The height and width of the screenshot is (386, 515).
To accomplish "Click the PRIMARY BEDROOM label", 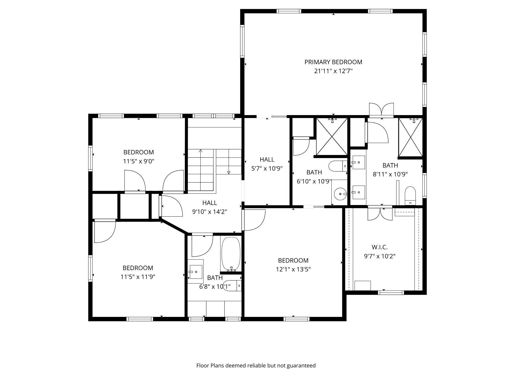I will [x=333, y=62].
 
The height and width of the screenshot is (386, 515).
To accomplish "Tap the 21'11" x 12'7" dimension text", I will [x=333, y=71].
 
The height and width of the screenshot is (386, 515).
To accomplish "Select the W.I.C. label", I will [x=379, y=247].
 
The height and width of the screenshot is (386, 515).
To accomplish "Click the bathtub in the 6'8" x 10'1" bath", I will [x=231, y=254].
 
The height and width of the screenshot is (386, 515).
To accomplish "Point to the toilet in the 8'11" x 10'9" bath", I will [x=410, y=196].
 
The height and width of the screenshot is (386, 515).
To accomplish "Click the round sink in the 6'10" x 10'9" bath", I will [x=340, y=194].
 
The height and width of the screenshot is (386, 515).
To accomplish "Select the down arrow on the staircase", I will [x=229, y=172].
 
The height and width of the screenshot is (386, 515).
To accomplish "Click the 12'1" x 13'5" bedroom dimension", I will [x=293, y=269].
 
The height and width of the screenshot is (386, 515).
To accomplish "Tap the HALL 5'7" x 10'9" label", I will [x=267, y=164].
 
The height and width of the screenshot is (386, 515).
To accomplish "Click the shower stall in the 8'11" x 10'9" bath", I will [x=410, y=137].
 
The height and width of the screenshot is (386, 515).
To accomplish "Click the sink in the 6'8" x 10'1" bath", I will [x=196, y=272].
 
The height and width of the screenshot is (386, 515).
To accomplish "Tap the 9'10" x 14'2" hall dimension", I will [x=209, y=212].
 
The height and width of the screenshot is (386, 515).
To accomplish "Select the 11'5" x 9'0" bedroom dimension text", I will [x=139, y=161].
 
